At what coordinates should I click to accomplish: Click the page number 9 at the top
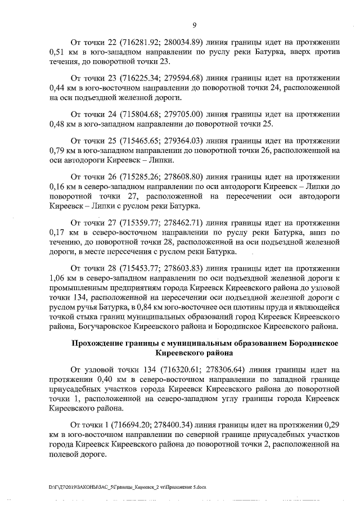point(194,25)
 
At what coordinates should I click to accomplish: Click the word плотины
point(233,305)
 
